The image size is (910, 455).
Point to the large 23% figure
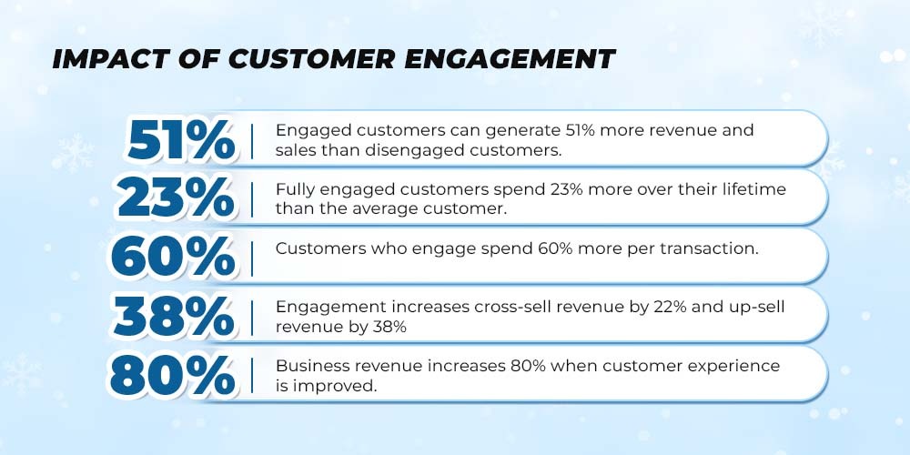point(177,199)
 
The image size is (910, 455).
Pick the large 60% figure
point(174,258)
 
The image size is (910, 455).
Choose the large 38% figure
point(174,317)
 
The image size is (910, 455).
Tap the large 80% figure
point(173,376)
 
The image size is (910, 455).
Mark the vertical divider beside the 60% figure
point(252,258)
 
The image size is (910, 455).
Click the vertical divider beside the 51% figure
point(252,141)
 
